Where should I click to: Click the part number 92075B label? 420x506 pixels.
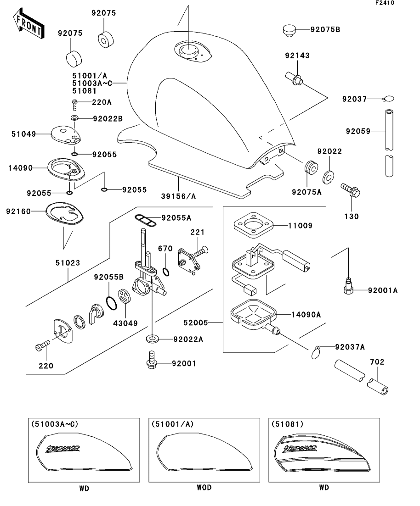pos(325,30)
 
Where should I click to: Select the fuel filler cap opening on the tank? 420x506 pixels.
pos(188,50)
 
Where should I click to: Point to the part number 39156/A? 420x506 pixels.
pos(178,196)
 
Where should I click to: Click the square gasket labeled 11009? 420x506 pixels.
pos(254,225)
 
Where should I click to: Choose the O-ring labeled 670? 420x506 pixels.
pos(166,272)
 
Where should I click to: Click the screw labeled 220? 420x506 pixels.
pos(42,345)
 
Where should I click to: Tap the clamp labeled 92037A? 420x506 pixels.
pos(316,352)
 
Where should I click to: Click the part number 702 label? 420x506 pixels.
pos(377,362)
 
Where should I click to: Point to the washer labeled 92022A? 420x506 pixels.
pos(152,339)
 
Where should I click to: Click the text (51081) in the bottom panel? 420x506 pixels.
pos(288,424)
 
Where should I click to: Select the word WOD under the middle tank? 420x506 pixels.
pos(204,487)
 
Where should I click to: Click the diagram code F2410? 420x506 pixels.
pos(385,3)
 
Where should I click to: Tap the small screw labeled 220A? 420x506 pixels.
pos(75,104)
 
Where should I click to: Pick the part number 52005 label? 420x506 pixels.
pos(196,323)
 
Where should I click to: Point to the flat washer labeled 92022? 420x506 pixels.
pos(329,177)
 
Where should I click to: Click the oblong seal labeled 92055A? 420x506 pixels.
pos(146,220)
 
